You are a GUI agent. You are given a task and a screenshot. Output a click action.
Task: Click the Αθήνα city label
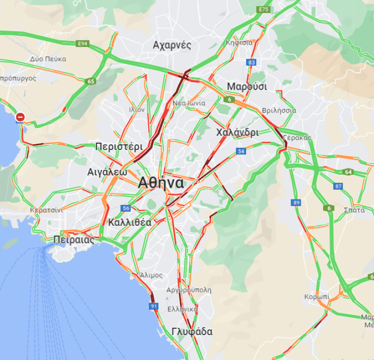click(x=161, y=183)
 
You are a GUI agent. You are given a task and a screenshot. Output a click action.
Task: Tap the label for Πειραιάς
click(x=74, y=240)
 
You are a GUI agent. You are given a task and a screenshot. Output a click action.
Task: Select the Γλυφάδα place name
click(x=192, y=332)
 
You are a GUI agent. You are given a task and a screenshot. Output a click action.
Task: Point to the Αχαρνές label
click(x=172, y=45)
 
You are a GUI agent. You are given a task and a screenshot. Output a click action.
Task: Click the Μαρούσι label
click(x=247, y=86)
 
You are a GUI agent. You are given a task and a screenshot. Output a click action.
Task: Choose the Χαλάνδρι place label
click(x=237, y=133)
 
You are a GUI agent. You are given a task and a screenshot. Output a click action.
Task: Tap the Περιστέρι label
click(x=119, y=146)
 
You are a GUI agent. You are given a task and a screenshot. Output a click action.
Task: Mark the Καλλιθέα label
click(x=129, y=222)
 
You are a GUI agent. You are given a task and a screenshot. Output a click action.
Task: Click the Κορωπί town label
click(x=317, y=297)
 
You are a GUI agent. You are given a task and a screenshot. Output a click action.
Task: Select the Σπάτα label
click(x=354, y=210)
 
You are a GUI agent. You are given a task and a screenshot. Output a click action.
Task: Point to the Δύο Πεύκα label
click(x=48, y=59)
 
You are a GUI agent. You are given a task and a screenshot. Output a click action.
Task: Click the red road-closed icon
click(x=20, y=117)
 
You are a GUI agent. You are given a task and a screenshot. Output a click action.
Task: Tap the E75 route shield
click(x=263, y=10)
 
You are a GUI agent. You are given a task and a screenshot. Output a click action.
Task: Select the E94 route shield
click(x=83, y=44)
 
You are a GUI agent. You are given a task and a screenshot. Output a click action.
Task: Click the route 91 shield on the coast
click(x=154, y=306)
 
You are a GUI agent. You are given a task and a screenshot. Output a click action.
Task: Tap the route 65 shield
click(x=91, y=81)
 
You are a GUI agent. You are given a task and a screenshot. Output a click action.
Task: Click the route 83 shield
click(x=251, y=62)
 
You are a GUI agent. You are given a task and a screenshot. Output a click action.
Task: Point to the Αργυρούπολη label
click(x=189, y=290)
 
